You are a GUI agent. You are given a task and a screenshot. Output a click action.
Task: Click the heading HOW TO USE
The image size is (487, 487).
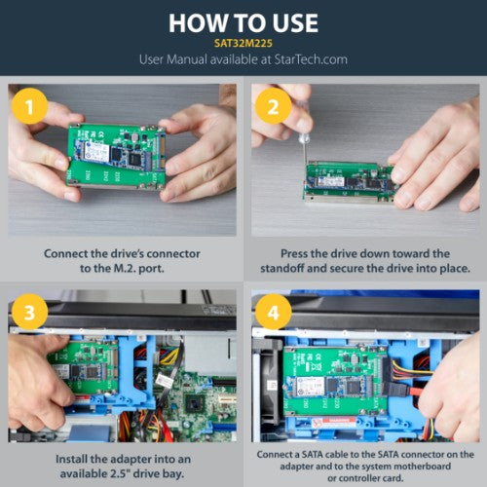click(243, 22)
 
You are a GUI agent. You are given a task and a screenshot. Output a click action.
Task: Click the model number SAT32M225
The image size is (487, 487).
click(243, 44)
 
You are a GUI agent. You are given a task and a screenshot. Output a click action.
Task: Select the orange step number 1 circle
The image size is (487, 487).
click(30, 105)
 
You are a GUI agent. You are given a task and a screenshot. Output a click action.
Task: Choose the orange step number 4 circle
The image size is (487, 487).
click(273, 315)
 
